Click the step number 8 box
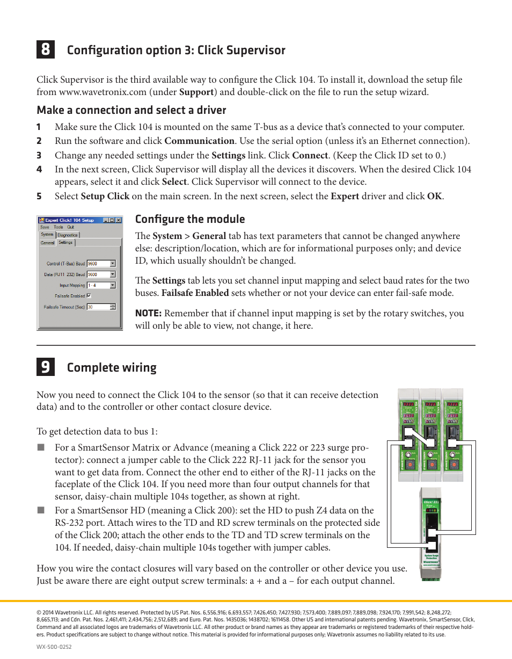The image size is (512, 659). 45,49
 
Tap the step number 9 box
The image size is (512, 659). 45,367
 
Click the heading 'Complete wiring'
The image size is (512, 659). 112,368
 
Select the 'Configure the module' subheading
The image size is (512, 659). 189,219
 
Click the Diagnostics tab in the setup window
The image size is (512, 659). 68,235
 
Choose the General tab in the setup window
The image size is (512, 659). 47,243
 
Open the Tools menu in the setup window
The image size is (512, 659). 58,227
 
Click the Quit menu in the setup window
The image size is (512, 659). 70,227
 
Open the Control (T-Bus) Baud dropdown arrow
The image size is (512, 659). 113,264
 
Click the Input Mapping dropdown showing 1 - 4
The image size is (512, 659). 101,285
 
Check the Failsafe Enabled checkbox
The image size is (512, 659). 89,296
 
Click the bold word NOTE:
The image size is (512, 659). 148,314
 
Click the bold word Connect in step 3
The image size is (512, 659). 310,156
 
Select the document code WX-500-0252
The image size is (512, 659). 54,647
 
